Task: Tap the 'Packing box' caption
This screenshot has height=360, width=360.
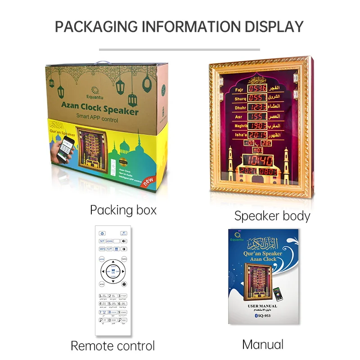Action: click(123, 210)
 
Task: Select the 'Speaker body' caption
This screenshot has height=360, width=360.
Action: click(272, 216)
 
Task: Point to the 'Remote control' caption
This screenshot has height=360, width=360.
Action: click(112, 346)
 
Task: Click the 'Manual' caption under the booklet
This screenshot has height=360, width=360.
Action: click(262, 344)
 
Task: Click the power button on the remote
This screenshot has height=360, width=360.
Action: click(103, 234)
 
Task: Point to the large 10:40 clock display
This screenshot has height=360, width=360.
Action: click(261, 160)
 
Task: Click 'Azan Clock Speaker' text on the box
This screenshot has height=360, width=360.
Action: click(100, 109)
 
